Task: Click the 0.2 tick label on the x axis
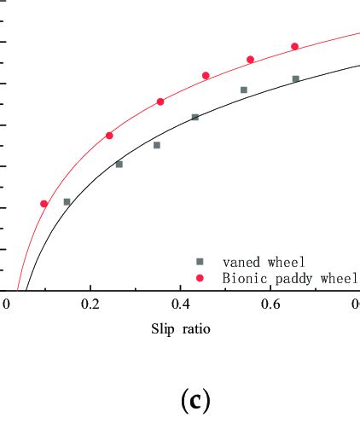pos(90,304)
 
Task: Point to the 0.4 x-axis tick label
pos(180,304)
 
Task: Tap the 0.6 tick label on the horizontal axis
pos(270,304)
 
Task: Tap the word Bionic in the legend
pos(243,278)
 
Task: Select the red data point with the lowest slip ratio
pos(44,204)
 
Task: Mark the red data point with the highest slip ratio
pos(295,46)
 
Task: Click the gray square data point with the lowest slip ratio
pos(67,202)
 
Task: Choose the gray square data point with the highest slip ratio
pos(295,78)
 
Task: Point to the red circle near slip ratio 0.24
pos(109,136)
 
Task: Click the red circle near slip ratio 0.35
pos(160,101)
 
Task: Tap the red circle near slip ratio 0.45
pos(206,76)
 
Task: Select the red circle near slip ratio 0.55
pos(251,60)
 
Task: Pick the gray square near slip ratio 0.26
pos(119,164)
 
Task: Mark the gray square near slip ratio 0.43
pos(195,117)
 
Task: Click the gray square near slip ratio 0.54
pos(244,90)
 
